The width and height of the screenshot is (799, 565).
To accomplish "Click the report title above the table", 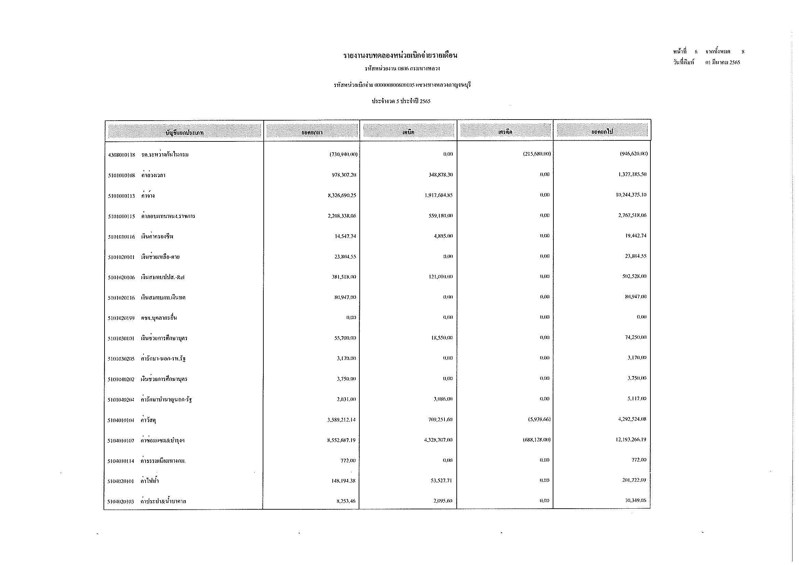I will (x=400, y=56).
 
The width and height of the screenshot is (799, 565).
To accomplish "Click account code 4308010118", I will (x=122, y=155).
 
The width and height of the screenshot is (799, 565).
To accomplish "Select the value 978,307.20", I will (x=344, y=175).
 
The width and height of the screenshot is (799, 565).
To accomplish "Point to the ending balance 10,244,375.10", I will (x=631, y=195).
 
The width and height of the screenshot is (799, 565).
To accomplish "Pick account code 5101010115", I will (x=122, y=216).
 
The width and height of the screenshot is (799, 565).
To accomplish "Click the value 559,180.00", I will (x=441, y=216).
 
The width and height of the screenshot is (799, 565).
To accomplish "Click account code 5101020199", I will (x=122, y=318).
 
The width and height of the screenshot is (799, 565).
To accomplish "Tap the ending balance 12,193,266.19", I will (x=631, y=440).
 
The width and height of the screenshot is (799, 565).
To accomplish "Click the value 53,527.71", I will (x=441, y=481).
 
